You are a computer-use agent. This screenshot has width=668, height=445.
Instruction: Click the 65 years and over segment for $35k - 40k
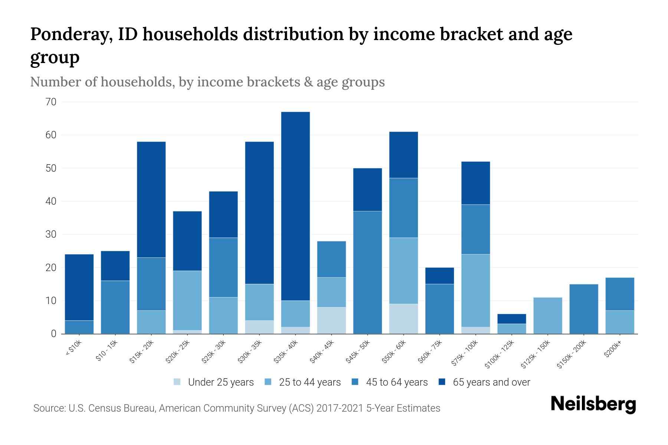point(295,206)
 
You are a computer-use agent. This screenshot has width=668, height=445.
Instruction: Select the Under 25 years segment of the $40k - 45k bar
point(331,320)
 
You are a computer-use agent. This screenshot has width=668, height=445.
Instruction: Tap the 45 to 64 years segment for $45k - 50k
point(367,272)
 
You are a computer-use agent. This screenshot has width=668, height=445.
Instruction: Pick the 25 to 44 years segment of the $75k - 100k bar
point(476,290)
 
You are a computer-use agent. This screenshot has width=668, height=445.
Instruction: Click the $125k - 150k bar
point(548,316)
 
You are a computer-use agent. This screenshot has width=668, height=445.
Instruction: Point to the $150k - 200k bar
point(584,309)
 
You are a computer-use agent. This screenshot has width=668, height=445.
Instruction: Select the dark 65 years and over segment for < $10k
point(79,287)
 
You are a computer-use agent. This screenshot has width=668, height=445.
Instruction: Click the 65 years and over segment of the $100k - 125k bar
point(512,319)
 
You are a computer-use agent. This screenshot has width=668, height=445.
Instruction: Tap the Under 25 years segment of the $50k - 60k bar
point(403,319)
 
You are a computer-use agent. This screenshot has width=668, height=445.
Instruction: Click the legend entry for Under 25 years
point(220,382)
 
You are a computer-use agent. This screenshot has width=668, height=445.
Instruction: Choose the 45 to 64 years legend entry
point(396,382)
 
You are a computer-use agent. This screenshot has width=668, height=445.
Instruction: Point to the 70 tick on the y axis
point(51,102)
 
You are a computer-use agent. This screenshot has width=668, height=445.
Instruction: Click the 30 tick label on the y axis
point(51,234)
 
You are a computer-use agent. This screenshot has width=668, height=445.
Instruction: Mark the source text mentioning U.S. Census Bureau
point(236,408)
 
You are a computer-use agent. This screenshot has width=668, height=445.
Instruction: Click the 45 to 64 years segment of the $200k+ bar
point(620,294)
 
